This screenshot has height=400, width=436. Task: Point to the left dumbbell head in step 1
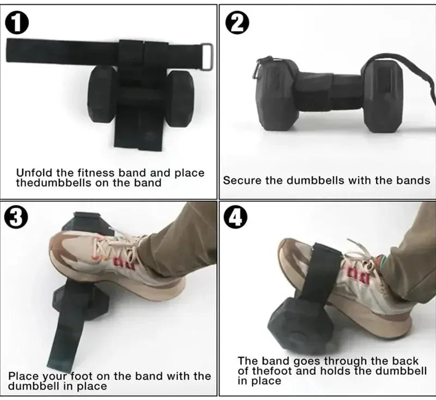point(102,93)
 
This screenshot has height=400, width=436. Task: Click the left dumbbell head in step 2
point(277,94)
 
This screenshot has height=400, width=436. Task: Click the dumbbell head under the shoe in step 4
point(297,325)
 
